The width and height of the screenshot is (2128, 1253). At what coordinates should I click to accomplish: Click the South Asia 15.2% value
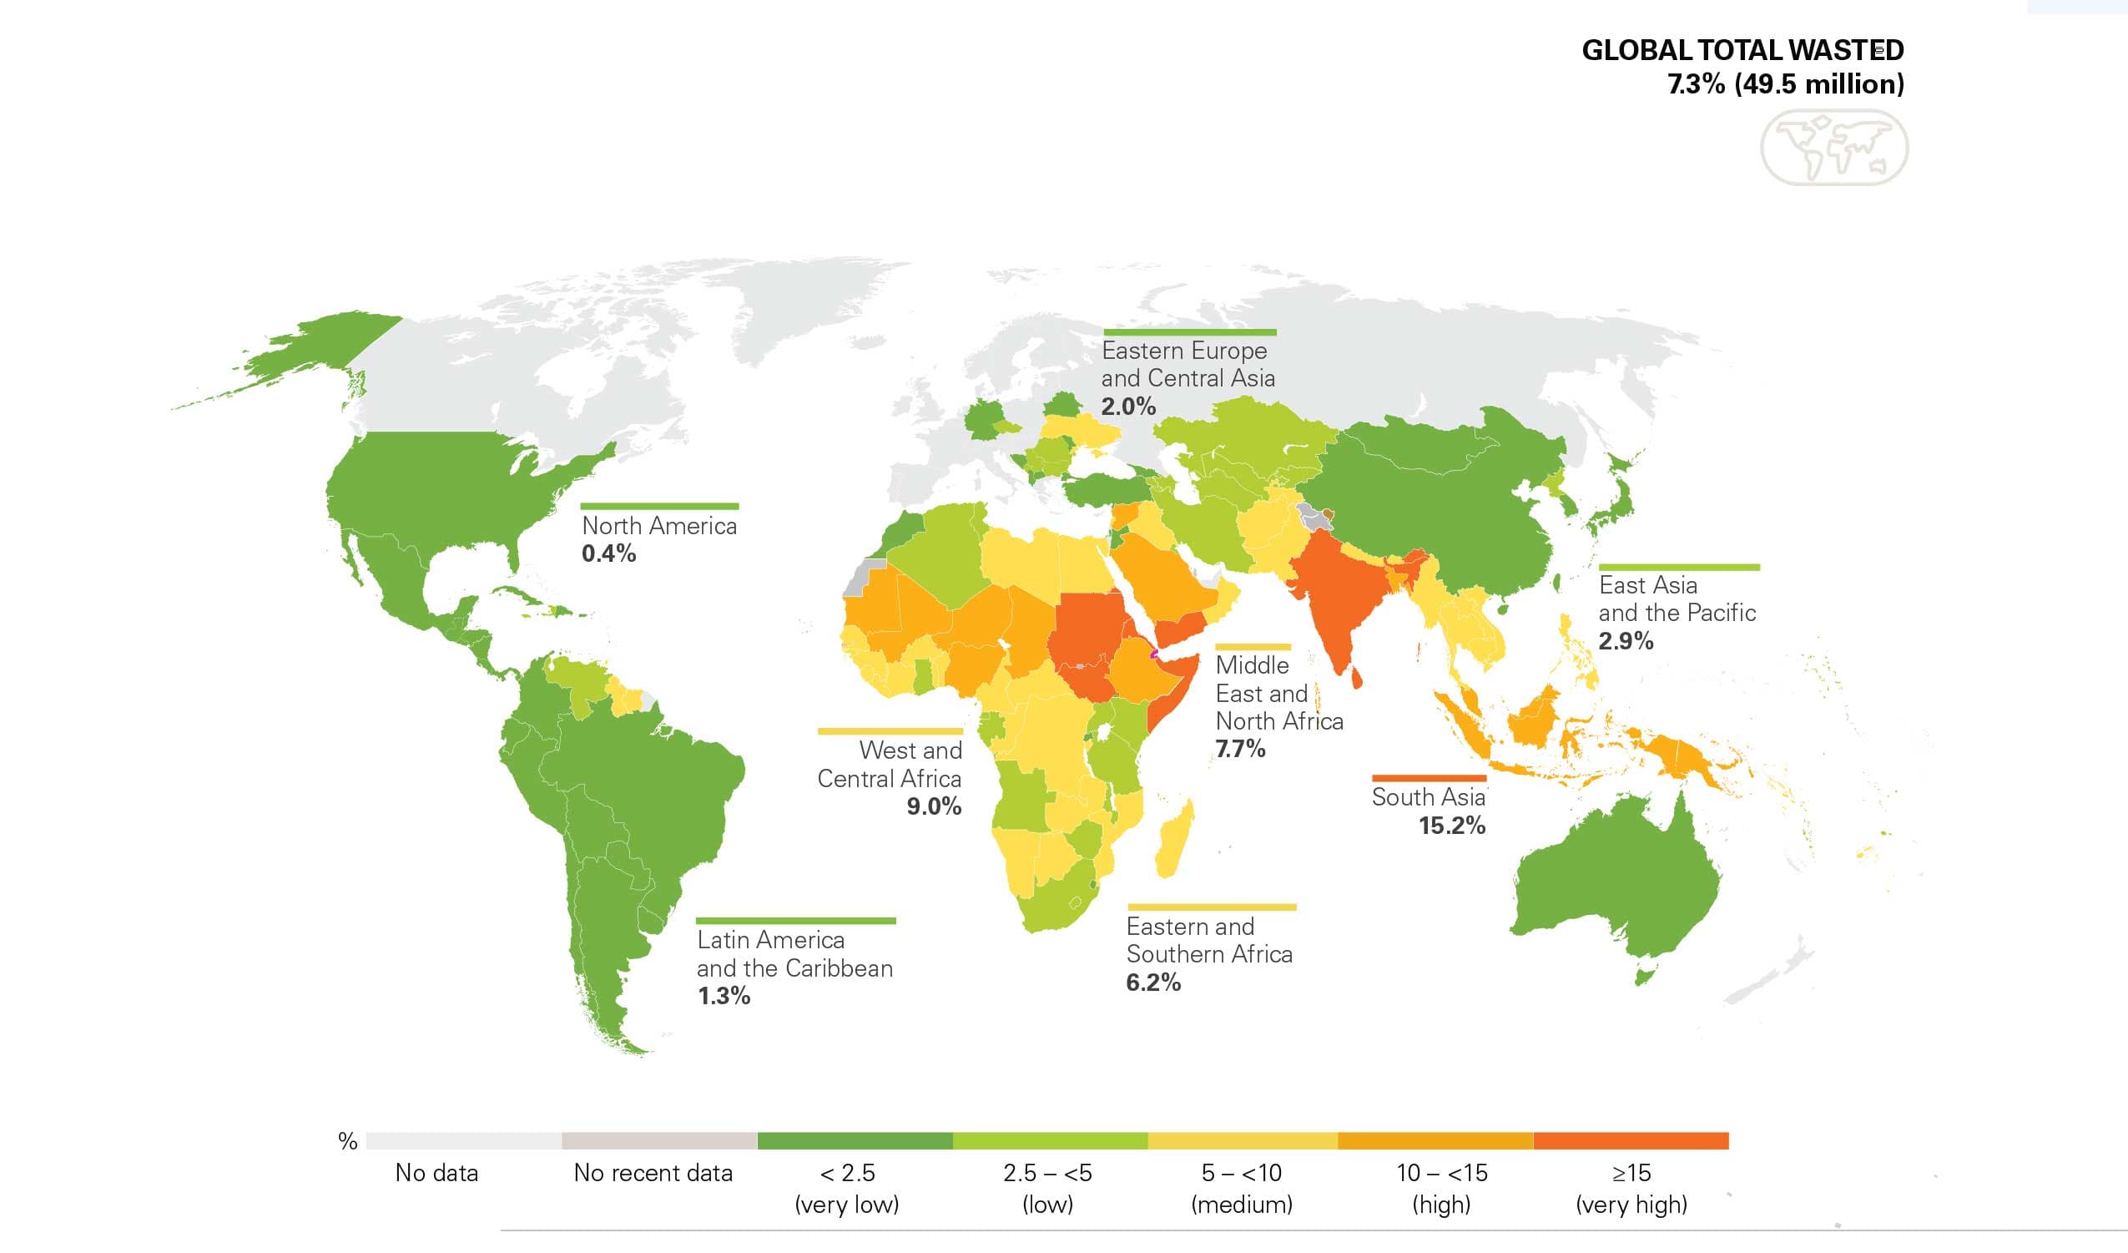[1450, 826]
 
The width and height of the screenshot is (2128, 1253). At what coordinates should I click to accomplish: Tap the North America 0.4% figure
[608, 554]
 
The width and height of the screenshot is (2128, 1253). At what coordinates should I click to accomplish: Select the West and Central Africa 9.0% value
[933, 806]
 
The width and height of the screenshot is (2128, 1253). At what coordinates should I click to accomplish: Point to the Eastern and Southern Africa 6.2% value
[1152, 983]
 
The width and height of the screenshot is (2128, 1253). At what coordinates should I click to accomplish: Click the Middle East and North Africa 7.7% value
[1239, 749]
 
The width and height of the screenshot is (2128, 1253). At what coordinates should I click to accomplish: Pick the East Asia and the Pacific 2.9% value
[1626, 640]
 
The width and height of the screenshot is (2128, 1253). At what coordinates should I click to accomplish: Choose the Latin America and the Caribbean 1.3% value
[724, 996]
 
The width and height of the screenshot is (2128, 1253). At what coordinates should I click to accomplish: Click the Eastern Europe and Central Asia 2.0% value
[1127, 407]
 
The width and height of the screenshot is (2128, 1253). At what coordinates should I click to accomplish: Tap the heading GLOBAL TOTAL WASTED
[1742, 51]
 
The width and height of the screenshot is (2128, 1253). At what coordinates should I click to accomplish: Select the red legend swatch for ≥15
[1631, 1140]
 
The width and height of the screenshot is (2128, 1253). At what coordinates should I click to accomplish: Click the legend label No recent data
[653, 1173]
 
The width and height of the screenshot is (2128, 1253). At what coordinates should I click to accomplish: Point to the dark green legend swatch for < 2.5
[855, 1140]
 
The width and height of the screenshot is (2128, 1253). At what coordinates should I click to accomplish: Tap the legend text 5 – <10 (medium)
[1242, 1188]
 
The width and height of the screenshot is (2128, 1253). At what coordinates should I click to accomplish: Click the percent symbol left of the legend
[347, 1141]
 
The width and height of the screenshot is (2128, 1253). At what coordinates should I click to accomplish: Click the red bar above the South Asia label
[1429, 777]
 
